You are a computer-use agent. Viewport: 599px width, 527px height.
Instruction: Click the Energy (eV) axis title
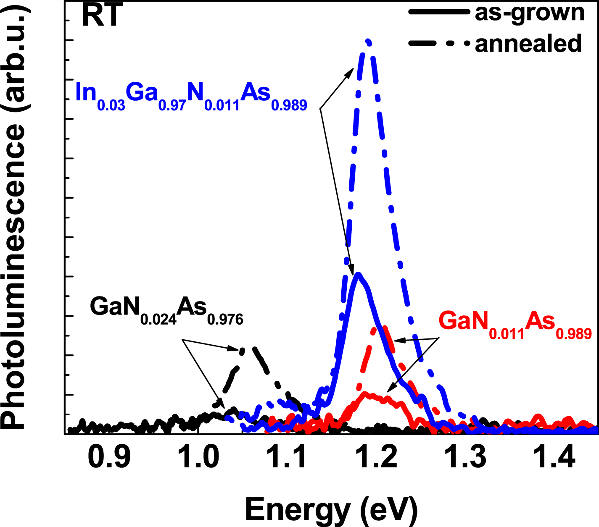331,509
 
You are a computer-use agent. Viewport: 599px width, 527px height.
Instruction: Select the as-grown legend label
530,13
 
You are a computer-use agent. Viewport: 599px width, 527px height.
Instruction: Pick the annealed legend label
528,44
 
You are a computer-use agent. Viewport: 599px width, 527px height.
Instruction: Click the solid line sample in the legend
438,13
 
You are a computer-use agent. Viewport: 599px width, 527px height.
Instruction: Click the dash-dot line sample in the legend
438,44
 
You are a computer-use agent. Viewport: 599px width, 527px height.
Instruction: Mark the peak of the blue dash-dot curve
368,41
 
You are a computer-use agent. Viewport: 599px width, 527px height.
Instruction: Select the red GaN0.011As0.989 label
515,324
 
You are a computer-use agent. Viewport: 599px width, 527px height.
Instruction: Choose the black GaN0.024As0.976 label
166,309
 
